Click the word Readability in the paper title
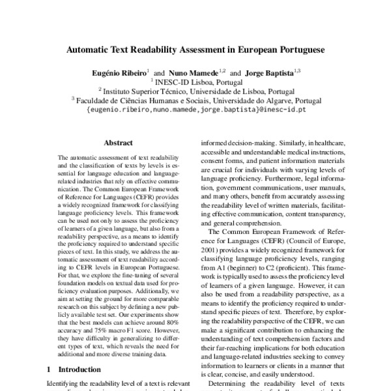(166, 49)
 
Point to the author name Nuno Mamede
(195, 72)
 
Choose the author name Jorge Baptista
(269, 72)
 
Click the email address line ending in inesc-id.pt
(196, 111)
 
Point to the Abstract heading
(119, 143)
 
